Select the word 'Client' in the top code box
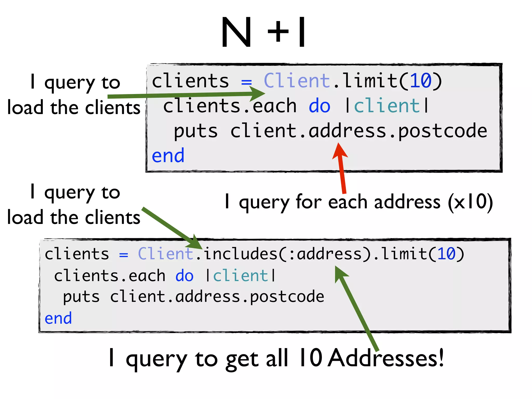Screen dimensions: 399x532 coord(297,81)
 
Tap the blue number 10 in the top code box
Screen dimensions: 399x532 coord(421,81)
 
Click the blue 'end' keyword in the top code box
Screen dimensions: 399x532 coord(168,156)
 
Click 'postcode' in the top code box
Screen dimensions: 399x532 coord(442,131)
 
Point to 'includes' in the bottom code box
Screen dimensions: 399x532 coord(241,254)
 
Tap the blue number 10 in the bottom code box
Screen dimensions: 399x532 coord(446,254)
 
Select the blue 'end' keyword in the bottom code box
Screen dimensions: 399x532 coord(58,318)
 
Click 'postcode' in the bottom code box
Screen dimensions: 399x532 coord(287,297)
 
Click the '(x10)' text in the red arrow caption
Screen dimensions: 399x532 coord(470,202)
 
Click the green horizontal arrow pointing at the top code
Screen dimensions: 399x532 coord(182,95)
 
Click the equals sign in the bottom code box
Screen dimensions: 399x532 coord(124,255)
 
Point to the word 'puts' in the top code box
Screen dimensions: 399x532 coord(196,131)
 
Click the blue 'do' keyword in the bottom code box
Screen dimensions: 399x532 coord(184,276)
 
